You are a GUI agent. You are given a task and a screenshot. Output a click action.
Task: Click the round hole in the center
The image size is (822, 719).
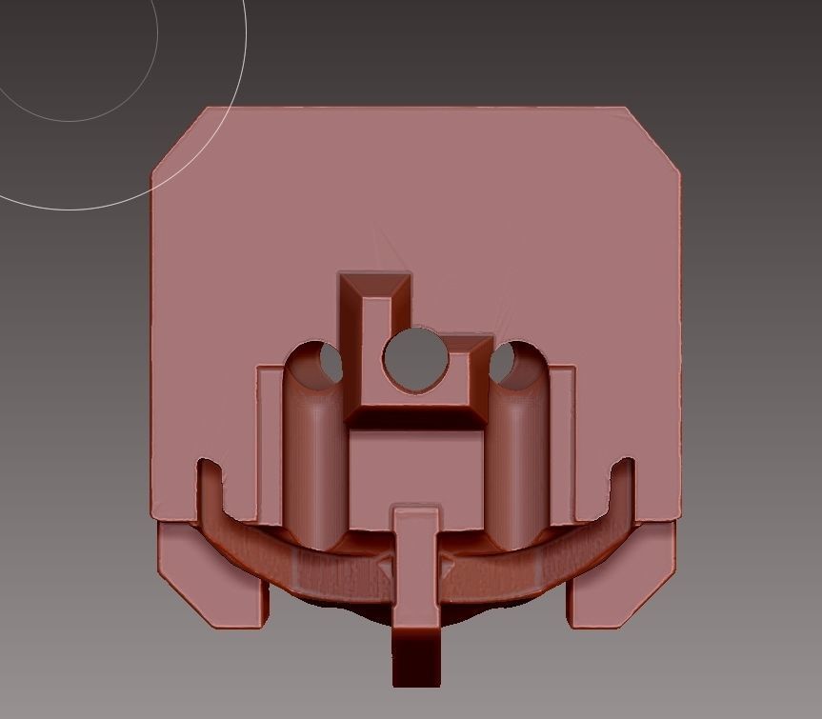click(415, 358)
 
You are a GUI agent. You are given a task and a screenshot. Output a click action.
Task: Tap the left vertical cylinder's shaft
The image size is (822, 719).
click(312, 457)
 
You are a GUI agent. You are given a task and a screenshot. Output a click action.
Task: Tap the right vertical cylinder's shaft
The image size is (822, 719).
click(519, 457)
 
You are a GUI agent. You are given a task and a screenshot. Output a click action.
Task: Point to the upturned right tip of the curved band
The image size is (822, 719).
click(623, 472)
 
